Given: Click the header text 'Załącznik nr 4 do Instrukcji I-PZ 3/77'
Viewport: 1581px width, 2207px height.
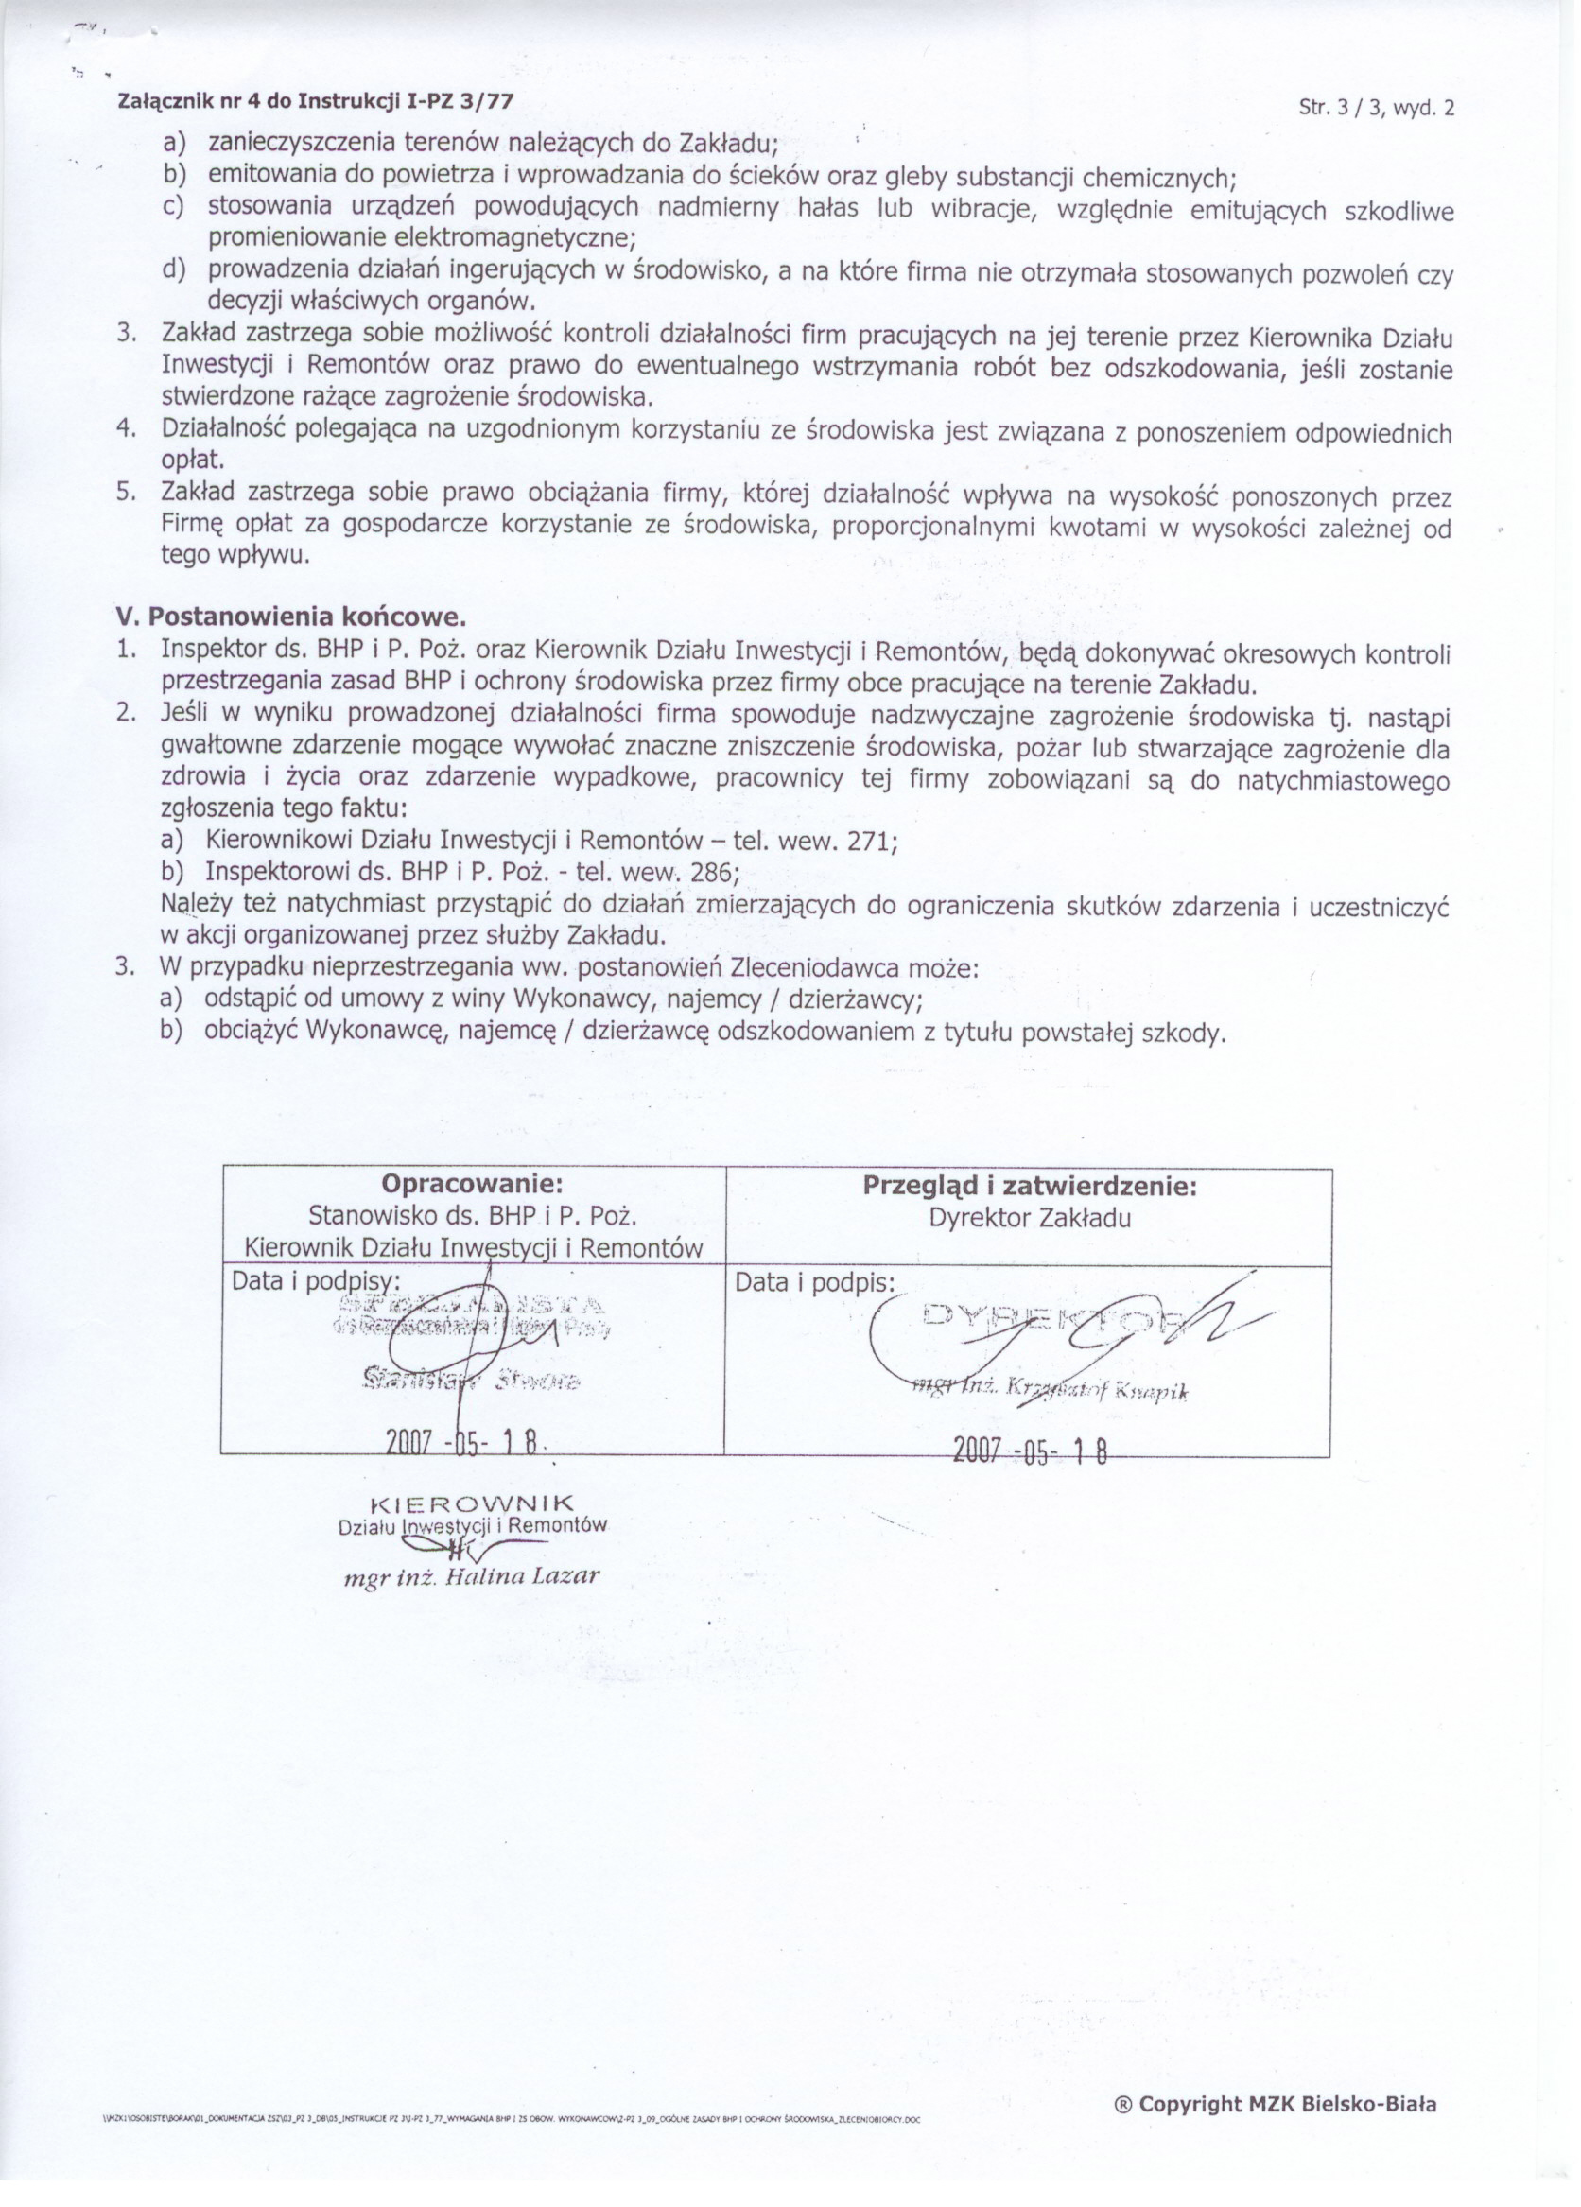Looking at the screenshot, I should coord(314,101).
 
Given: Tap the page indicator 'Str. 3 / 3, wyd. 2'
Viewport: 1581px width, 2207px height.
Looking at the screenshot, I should coord(1376,108).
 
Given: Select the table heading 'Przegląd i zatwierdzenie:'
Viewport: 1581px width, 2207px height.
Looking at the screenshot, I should coord(1030,1185).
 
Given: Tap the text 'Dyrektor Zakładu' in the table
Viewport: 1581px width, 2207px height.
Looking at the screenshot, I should coord(1030,1217).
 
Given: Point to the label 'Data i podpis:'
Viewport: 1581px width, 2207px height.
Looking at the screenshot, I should coord(814,1282).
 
